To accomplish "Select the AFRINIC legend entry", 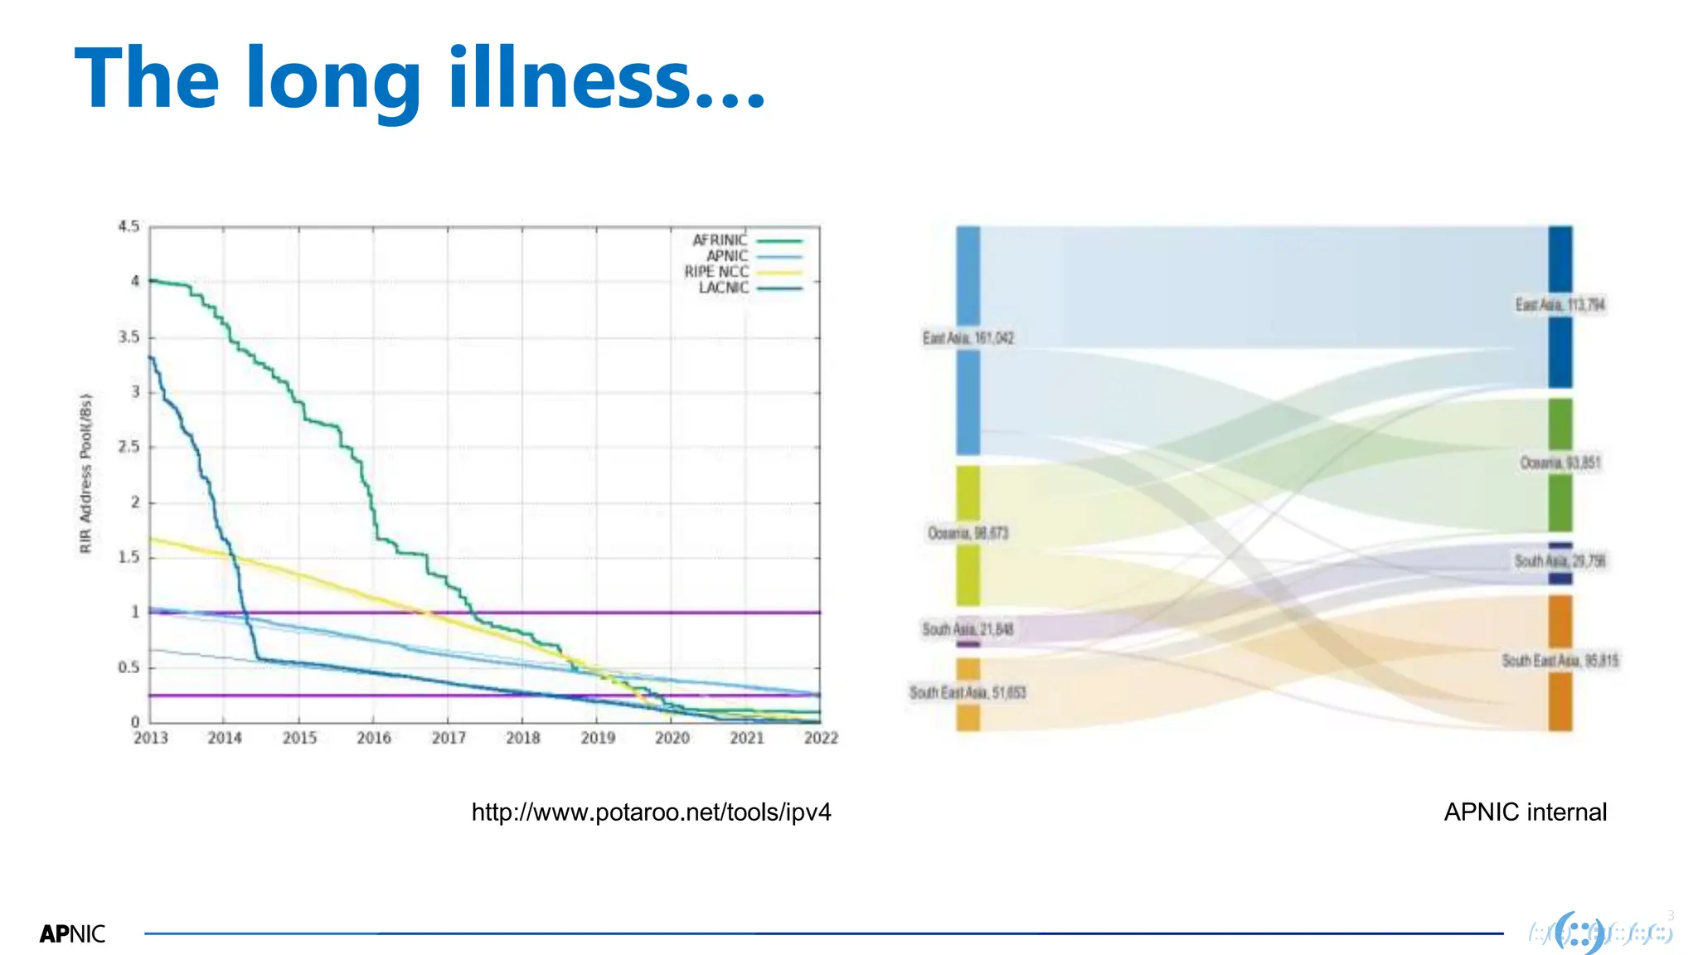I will pyautogui.click(x=720, y=240).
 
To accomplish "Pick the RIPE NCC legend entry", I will pyautogui.click(x=716, y=272).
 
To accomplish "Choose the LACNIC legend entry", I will pyautogui.click(x=723, y=288).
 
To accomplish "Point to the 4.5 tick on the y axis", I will pyautogui.click(x=129, y=226).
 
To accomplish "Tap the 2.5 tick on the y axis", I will pyautogui.click(x=129, y=447).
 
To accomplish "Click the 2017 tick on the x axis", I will pyautogui.click(x=449, y=738).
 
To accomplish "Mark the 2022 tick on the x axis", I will pyautogui.click(x=821, y=738).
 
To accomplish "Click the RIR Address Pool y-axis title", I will pyautogui.click(x=86, y=473).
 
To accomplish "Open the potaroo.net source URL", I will pyautogui.click(x=651, y=812).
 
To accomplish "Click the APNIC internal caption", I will pyautogui.click(x=1525, y=812).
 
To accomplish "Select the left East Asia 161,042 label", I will pyautogui.click(x=968, y=338).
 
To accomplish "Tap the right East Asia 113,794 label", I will pyautogui.click(x=1560, y=305).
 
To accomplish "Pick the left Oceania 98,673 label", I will pyautogui.click(x=968, y=533).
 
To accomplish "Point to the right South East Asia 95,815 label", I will pyautogui.click(x=1560, y=661).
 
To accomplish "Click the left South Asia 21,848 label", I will pyautogui.click(x=968, y=629).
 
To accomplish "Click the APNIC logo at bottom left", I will pyautogui.click(x=72, y=934).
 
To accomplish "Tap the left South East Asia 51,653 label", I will pyautogui.click(x=967, y=692).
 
